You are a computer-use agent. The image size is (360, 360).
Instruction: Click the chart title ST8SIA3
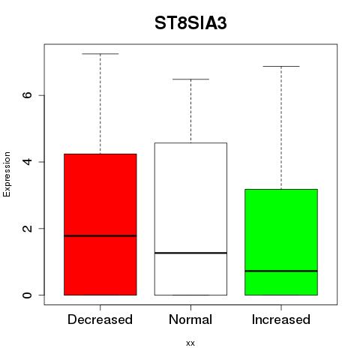[x=190, y=23]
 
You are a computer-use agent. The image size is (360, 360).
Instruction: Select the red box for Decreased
[x=100, y=224]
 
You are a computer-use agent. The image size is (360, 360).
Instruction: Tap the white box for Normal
[x=190, y=219]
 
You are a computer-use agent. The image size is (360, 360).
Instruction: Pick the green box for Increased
[x=281, y=242]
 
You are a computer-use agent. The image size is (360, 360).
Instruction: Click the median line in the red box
[x=100, y=235]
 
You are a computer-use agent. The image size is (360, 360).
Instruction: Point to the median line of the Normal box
[x=190, y=253]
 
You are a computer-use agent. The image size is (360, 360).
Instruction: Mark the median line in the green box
[x=281, y=271]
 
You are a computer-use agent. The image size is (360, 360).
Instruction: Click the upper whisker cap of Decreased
[x=100, y=54]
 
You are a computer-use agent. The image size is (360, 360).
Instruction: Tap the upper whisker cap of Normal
[x=190, y=79]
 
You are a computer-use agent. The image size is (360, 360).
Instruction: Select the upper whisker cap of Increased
[x=281, y=67]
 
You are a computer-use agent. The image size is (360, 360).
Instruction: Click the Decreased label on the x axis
[x=100, y=319]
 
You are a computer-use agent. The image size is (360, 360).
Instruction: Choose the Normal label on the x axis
[x=190, y=319]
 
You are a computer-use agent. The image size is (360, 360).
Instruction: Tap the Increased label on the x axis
[x=281, y=319]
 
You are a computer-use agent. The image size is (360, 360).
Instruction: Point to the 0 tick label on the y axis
[x=28, y=295]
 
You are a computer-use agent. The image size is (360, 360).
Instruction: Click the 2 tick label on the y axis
[x=28, y=228]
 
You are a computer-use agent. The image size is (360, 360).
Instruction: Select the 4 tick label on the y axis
[x=28, y=162]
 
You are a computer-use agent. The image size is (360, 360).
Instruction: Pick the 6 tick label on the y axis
[x=28, y=95]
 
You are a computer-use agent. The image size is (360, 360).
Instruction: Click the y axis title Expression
[x=7, y=174]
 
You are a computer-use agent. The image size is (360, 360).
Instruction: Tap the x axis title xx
[x=190, y=343]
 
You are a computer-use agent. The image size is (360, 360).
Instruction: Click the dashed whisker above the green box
[x=281, y=128]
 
